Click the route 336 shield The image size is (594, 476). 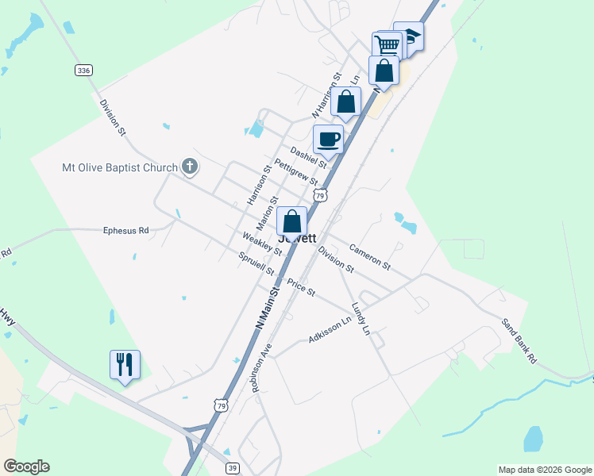point(84,71)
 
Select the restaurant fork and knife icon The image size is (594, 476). point(125,364)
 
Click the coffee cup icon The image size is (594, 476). point(328,140)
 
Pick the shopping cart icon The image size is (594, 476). point(387,44)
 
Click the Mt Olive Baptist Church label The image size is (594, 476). point(121,167)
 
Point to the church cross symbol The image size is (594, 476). point(189,167)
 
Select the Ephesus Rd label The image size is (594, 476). point(126,231)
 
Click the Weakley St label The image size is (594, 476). point(262,244)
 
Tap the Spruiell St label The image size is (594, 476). point(256,263)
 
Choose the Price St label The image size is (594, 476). point(301,287)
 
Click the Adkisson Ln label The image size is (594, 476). point(330,331)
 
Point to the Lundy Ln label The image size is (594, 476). point(361,318)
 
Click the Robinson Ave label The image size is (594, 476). point(260,367)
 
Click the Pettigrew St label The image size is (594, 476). point(295,172)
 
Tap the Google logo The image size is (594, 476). point(26,466)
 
